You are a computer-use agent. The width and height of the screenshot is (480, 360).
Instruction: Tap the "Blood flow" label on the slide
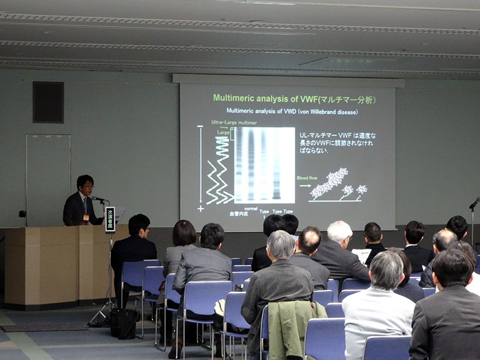(307, 178)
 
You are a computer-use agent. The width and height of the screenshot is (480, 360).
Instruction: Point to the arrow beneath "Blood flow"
(305, 186)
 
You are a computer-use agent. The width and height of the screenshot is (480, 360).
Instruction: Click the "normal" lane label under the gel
(251, 208)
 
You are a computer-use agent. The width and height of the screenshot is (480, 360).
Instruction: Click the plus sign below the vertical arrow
(201, 208)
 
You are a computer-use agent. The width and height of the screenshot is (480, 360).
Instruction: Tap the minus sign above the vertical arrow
(200, 127)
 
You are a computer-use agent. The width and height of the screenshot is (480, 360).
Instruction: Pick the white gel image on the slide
(264, 165)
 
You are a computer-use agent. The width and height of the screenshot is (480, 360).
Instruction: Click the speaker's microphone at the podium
(99, 199)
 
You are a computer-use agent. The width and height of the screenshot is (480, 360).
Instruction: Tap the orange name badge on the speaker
(86, 217)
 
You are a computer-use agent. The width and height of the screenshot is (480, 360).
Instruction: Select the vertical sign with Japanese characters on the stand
(110, 219)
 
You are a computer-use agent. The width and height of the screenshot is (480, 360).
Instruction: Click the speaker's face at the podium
(86, 186)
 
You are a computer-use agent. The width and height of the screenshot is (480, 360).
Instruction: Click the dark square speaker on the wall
(48, 102)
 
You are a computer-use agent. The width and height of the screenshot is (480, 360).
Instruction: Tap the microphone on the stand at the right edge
(474, 203)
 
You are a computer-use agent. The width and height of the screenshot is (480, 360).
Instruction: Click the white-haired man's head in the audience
(340, 232)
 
